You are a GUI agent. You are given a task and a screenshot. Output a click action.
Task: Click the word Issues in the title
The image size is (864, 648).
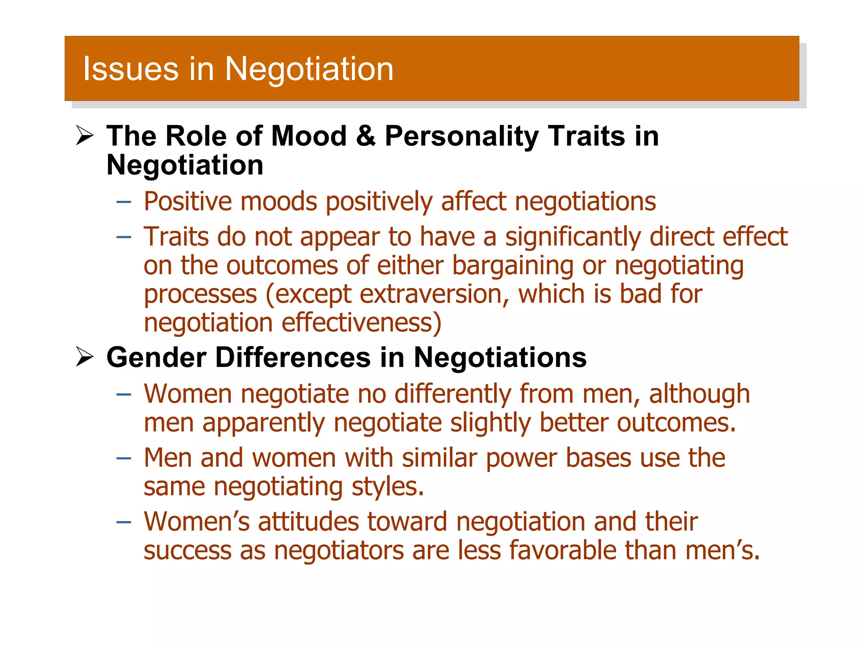point(130,69)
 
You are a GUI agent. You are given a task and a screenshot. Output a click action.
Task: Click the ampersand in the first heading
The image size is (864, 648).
point(365,136)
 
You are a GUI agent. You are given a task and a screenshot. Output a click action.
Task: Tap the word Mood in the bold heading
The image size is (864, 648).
point(308,136)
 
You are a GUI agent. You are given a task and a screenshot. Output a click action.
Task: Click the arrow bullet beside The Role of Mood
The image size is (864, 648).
point(85,136)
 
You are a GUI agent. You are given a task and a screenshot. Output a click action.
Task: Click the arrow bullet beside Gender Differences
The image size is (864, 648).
point(85,357)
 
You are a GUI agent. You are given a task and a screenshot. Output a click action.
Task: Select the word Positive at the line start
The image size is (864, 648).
point(188,202)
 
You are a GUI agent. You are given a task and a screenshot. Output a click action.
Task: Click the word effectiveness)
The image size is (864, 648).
point(362,323)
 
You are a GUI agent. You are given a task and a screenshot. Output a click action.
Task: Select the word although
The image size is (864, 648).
point(699,394)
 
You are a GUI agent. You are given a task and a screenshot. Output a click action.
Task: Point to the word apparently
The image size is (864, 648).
point(264,423)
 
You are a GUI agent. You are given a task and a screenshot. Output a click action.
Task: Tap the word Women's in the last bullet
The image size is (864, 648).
point(197,522)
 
